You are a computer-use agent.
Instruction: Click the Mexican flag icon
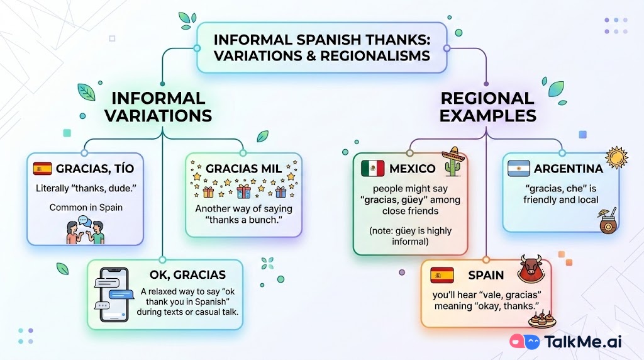point(372,169)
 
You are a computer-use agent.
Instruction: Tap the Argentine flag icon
point(519,169)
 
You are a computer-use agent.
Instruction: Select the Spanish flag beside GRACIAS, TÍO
point(42,169)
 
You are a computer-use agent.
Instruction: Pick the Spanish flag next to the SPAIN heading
point(442,275)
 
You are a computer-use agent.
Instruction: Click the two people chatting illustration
point(85,230)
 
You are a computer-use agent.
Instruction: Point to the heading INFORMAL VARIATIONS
point(158,107)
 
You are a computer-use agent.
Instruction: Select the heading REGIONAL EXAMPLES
point(487,107)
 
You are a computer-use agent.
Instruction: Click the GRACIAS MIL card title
point(243,169)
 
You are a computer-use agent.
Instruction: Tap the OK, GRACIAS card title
point(187,274)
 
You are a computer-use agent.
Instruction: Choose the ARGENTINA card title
point(568,169)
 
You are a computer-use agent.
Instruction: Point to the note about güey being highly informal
point(410,236)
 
